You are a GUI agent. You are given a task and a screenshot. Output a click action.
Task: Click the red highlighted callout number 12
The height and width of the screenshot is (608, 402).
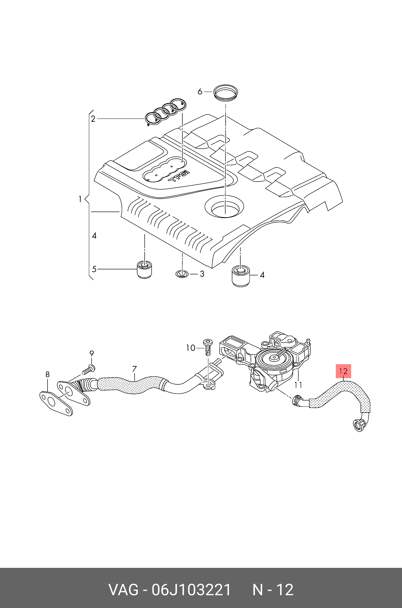(343, 371)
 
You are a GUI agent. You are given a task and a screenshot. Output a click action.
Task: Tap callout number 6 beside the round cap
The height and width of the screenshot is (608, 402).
(200, 91)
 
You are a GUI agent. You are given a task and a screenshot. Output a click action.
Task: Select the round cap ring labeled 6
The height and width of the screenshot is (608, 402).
(226, 93)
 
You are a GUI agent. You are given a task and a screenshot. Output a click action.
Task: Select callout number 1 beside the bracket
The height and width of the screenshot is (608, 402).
(80, 199)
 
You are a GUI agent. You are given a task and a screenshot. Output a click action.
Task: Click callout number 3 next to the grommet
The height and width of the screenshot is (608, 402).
(202, 274)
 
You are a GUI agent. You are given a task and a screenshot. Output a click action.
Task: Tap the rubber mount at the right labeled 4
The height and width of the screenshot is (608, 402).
(241, 276)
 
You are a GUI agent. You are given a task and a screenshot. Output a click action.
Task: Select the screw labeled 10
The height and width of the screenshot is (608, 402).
(207, 347)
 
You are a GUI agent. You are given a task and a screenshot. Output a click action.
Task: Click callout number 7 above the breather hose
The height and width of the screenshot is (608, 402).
(134, 369)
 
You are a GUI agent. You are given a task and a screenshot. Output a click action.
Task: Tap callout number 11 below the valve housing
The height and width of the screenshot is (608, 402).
(298, 385)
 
